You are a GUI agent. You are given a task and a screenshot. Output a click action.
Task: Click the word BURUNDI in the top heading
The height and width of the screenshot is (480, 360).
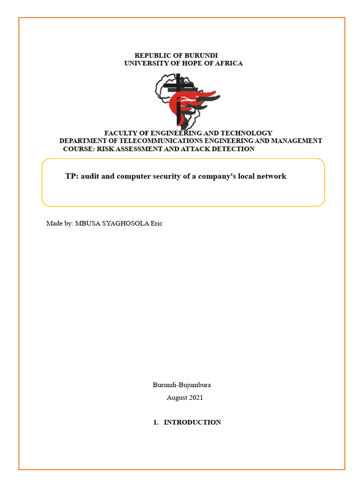pyautogui.click(x=202, y=55)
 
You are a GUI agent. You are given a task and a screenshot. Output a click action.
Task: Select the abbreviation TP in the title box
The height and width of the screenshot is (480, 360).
pyautogui.click(x=70, y=176)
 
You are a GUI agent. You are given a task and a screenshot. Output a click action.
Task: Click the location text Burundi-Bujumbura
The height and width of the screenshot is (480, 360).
pyautogui.click(x=181, y=385)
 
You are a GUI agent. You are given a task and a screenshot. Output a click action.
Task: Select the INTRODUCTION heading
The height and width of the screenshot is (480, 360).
pyautogui.click(x=192, y=422)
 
